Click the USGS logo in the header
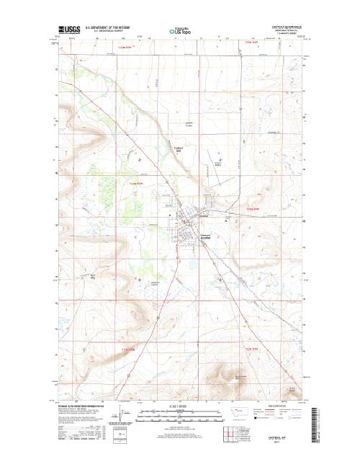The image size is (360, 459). coord(70,30)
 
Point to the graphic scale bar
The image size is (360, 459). coord(179,413)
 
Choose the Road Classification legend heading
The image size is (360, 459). coord(280,407)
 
